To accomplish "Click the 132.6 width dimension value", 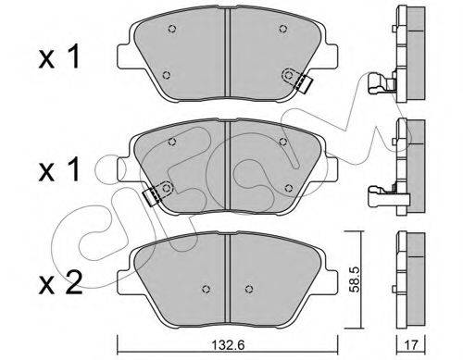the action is point(229,345).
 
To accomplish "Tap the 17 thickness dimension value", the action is point(410,345).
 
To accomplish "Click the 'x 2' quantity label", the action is point(60,283).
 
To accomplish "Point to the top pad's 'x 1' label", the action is point(59,56).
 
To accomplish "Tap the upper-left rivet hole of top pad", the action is point(172,29).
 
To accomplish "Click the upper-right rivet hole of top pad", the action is point(282,29).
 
